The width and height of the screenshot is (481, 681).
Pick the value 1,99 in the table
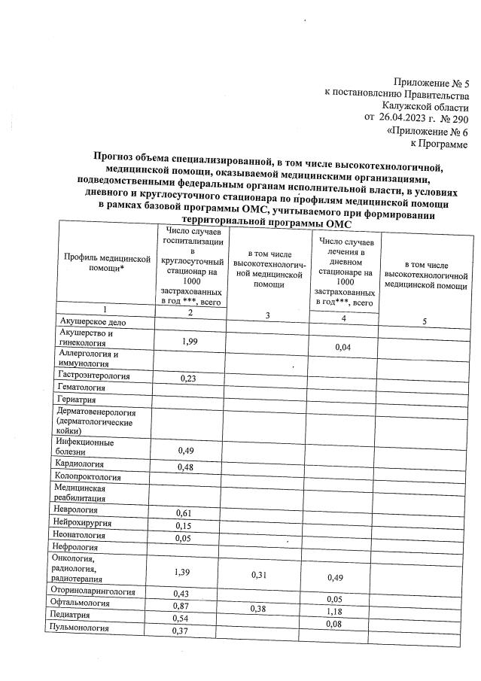click(190, 342)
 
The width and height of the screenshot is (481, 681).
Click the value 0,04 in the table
click(343, 347)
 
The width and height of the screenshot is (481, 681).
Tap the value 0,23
click(190, 379)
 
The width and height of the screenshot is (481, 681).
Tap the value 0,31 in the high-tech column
click(263, 576)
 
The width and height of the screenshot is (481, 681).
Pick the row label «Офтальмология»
click(83, 603)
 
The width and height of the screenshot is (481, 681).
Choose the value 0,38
click(263, 608)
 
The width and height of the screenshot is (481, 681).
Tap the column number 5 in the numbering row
click(425, 322)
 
